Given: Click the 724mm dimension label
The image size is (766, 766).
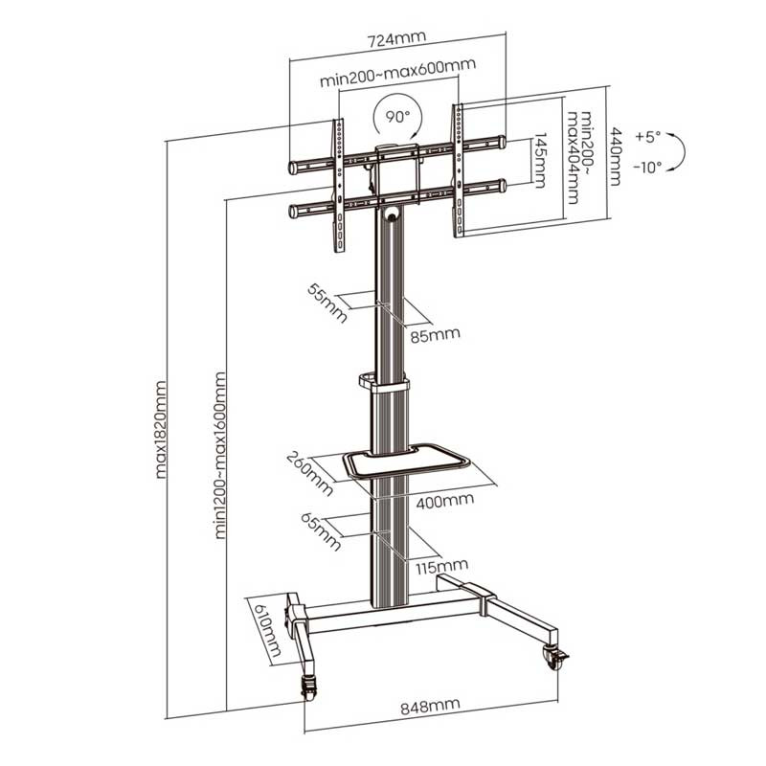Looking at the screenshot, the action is click(x=396, y=38).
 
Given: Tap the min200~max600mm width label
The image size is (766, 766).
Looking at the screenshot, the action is click(x=397, y=73).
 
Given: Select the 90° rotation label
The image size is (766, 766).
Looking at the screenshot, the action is click(x=397, y=116).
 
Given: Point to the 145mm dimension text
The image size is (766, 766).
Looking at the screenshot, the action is click(x=540, y=160).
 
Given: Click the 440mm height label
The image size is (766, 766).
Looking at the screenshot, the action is click(x=615, y=157).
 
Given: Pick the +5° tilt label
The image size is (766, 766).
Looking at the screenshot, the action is click(x=648, y=136).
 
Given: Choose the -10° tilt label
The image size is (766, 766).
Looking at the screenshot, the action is click(x=648, y=168).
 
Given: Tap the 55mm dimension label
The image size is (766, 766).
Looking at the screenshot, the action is click(x=327, y=304).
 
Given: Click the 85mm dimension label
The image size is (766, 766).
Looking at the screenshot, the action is click(x=435, y=335).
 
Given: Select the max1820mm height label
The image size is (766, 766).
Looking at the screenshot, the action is click(x=160, y=429).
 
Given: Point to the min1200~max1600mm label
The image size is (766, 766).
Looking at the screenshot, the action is click(x=220, y=456).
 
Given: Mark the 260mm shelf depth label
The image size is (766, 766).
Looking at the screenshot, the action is click(x=310, y=473).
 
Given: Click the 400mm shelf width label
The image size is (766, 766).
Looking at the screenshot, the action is click(x=445, y=501).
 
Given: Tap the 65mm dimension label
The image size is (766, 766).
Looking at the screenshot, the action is click(x=321, y=532).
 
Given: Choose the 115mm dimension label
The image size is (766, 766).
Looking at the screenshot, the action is click(x=442, y=567).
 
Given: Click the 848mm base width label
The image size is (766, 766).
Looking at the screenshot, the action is click(x=430, y=706).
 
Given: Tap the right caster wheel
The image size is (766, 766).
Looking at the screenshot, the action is click(x=555, y=659).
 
